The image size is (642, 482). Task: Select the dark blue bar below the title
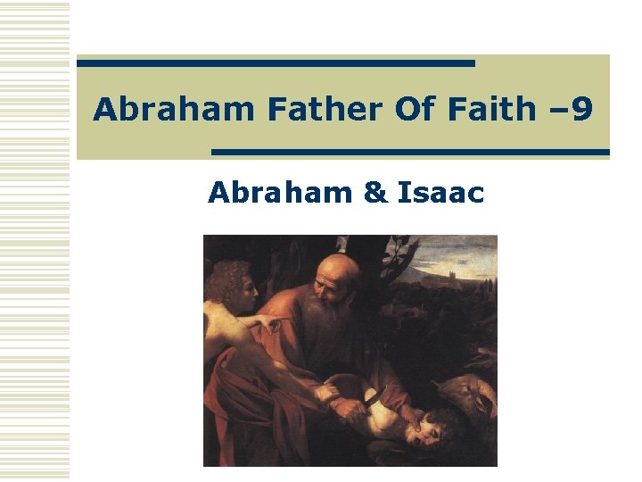tap(410, 152)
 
